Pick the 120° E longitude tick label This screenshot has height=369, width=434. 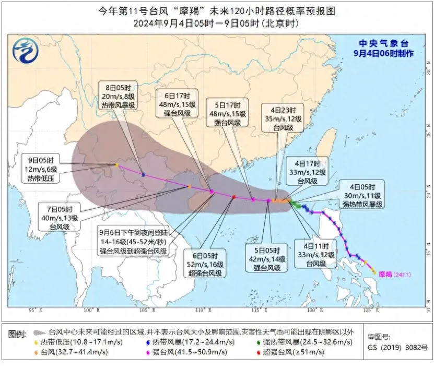tap(313, 310)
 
